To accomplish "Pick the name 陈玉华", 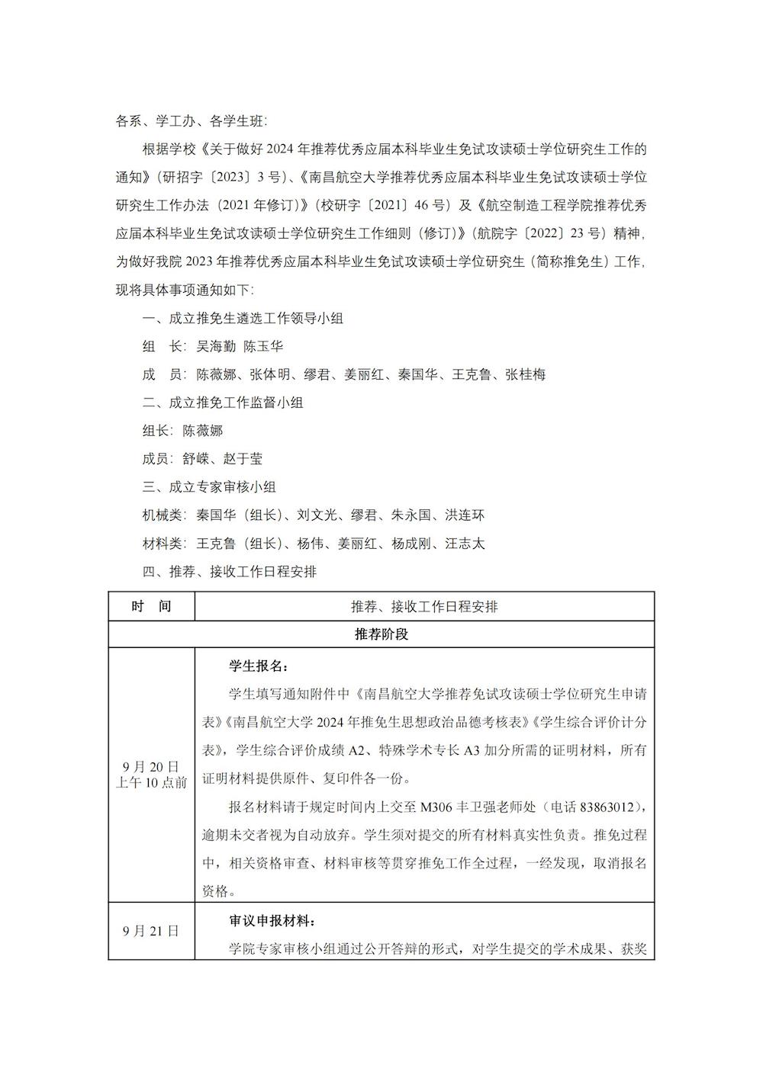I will pos(263,346).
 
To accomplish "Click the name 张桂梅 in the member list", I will pos(525,374).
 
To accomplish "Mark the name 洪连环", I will pos(465,515).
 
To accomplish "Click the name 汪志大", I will pos(465,544).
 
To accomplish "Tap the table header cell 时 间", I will pos(151,607).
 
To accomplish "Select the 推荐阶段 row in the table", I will pos(381,634).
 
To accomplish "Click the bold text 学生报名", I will pos(256,666).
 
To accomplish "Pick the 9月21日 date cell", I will pos(151,931).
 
